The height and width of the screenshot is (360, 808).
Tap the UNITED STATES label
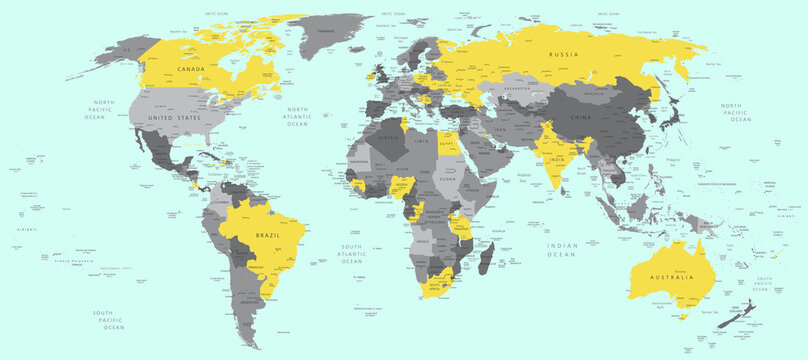[174, 118]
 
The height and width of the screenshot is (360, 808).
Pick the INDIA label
[555, 159]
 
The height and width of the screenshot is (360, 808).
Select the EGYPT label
[447, 143]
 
